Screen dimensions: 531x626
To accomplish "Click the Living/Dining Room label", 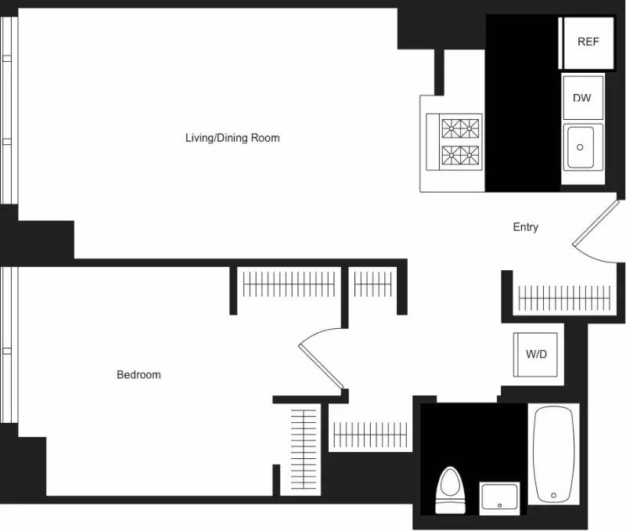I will point(232,138).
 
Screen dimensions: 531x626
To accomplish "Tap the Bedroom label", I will point(139,374).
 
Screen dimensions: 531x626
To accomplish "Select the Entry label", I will point(525,227).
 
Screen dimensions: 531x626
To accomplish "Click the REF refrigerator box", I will point(588,42).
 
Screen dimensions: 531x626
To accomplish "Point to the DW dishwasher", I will point(582,98).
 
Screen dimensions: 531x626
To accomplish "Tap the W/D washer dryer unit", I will point(536,354).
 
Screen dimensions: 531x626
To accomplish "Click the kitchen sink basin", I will point(580,146).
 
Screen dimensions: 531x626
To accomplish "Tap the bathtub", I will point(554,453).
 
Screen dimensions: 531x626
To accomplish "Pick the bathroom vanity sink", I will point(498,499).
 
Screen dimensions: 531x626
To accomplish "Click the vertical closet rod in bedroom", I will point(302,450).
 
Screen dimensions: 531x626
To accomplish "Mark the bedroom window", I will point(9,345).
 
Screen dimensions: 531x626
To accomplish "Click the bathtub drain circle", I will point(554,495).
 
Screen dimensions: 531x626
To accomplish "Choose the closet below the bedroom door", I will point(369,434).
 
